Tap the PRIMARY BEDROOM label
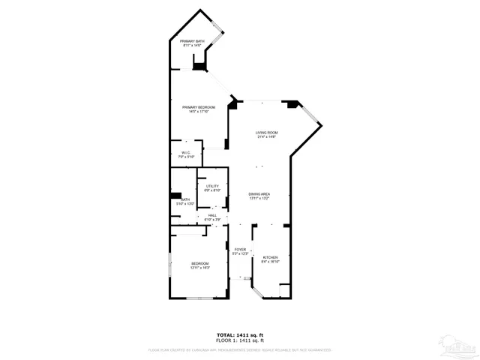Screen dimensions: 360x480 point(199,107)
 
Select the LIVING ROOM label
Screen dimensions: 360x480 point(267,133)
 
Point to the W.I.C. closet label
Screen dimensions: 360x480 point(186,152)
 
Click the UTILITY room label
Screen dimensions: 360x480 point(212,186)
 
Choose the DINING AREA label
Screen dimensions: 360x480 point(259,194)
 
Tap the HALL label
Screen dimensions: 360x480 point(212,214)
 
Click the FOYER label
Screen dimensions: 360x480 point(240,250)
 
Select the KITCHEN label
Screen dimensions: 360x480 point(270,257)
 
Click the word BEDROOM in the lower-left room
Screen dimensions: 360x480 point(199,263)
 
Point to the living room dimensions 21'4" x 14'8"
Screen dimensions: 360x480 point(267,137)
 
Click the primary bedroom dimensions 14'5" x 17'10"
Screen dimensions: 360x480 point(199,112)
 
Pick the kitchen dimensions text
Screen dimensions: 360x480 point(270,262)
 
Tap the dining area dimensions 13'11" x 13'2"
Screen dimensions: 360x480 point(259,199)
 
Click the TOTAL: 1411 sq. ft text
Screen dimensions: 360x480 point(240,334)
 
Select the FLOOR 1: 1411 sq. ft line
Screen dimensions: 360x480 point(240,340)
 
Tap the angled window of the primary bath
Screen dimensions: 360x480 point(217,34)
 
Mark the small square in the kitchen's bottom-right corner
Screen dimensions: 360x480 point(283,289)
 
